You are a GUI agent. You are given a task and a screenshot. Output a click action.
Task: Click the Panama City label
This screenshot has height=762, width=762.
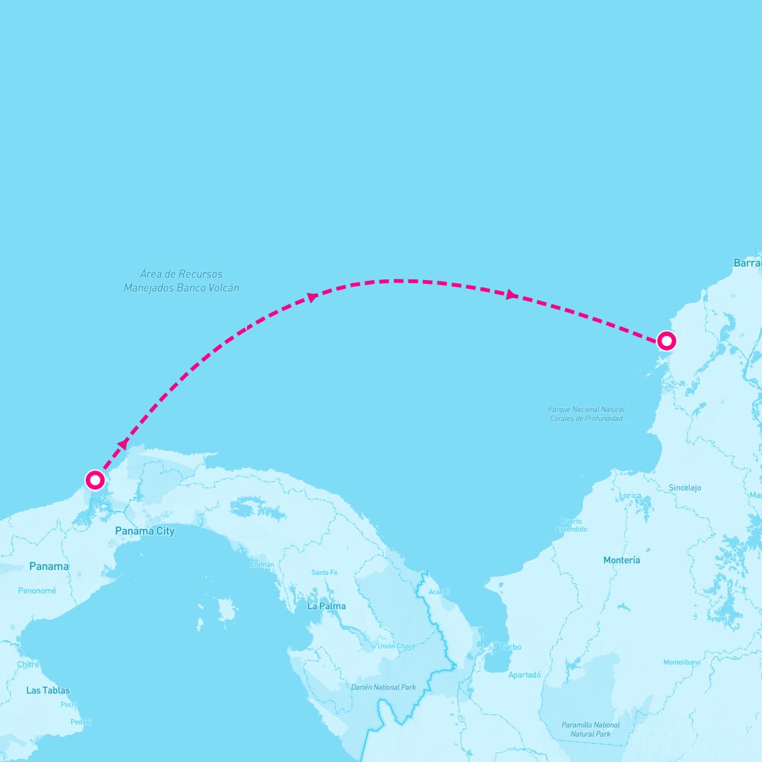144,531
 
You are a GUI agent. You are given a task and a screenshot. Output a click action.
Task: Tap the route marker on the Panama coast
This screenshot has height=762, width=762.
95,479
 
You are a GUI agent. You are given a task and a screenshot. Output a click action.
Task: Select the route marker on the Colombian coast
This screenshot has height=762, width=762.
665,341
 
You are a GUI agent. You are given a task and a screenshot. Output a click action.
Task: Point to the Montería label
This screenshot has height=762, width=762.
622,560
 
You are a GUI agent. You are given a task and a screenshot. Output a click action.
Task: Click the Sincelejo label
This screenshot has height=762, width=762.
685,488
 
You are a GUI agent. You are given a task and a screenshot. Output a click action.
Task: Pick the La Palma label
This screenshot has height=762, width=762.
326,606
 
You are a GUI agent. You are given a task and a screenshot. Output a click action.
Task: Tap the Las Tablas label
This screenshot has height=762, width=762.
48,690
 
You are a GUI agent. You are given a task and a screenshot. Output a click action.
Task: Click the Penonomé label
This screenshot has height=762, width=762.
37,591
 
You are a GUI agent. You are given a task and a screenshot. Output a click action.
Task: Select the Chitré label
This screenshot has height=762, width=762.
28,664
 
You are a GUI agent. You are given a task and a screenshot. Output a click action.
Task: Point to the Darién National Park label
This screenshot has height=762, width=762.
384,687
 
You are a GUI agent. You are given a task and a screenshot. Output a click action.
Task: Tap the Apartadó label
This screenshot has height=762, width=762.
525,675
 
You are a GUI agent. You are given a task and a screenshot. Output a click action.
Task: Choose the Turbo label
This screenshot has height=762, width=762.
511,647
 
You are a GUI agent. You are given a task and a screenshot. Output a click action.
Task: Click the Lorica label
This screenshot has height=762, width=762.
630,495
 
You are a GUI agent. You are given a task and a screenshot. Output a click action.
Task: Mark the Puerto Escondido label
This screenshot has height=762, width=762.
571,525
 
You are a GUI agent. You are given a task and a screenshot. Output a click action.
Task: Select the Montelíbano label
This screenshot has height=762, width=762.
681,662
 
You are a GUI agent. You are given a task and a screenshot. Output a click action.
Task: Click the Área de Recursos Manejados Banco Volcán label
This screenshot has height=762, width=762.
182,281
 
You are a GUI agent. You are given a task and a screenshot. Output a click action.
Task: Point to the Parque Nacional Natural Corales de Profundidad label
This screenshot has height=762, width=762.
586,414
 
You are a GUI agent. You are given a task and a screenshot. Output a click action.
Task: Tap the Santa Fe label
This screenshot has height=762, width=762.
324,573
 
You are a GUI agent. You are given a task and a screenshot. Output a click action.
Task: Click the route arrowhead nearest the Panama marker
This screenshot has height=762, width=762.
123,444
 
